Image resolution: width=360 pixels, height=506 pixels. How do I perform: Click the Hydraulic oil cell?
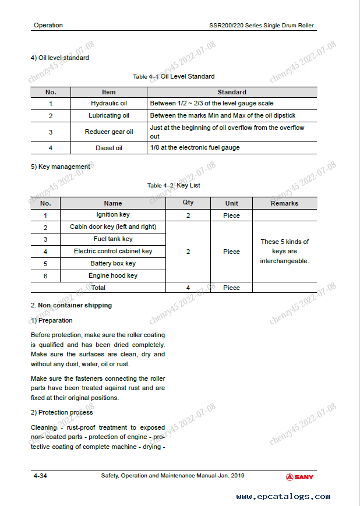(108, 104)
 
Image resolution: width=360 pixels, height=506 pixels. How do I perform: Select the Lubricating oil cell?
(108, 116)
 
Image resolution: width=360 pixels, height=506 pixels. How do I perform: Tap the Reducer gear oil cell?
(108, 132)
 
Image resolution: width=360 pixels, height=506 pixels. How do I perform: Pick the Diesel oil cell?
(108, 148)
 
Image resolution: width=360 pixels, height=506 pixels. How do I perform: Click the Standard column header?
(232, 92)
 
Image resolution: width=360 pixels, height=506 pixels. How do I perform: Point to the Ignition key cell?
(113, 215)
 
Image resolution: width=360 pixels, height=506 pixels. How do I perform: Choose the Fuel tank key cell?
(113, 239)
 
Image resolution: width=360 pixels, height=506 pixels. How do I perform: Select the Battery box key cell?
(113, 263)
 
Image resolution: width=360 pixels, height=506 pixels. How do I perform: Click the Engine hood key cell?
(113, 275)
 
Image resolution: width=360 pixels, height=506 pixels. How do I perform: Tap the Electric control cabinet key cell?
(113, 251)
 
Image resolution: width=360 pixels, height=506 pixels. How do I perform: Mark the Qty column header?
(188, 203)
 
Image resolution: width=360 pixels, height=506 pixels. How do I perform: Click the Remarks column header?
(284, 203)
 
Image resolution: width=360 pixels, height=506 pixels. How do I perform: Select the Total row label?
(98, 288)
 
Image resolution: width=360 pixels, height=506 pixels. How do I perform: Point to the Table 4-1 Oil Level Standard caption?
(174, 76)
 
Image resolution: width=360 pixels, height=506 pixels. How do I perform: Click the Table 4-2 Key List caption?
(174, 185)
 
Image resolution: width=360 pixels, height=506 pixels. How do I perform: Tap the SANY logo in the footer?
(299, 477)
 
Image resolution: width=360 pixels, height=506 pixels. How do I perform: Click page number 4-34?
(40, 476)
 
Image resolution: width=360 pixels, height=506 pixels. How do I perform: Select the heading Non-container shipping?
(74, 305)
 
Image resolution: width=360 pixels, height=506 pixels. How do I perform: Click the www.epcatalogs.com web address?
(283, 497)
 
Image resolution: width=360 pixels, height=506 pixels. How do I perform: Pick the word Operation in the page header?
(48, 26)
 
